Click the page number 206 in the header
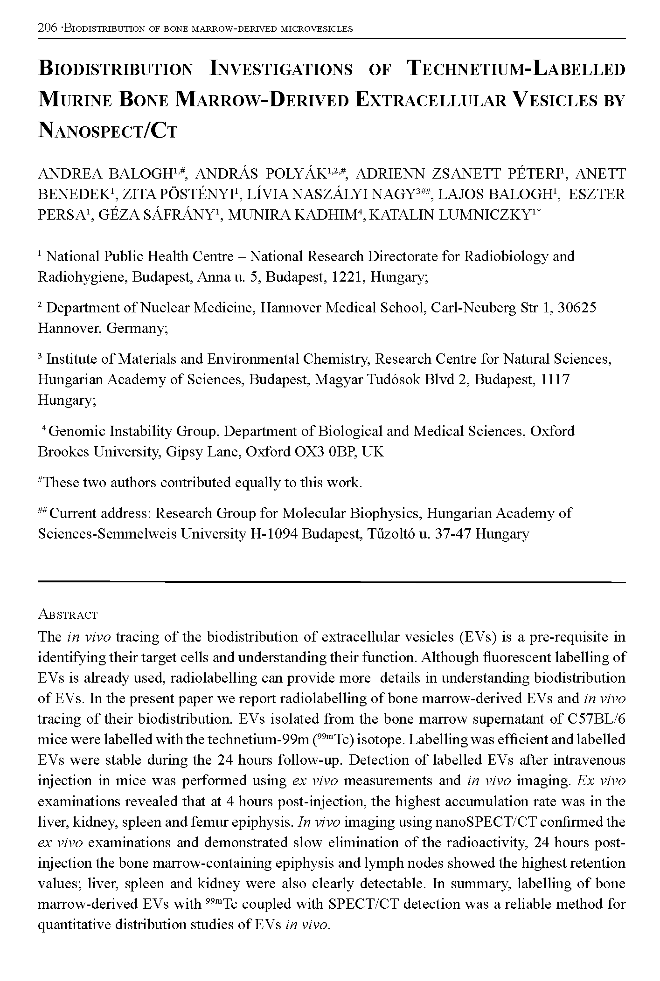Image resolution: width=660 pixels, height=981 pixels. (x=48, y=28)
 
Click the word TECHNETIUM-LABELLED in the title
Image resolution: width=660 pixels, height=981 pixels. (x=516, y=69)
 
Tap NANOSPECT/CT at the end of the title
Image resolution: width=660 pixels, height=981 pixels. (x=108, y=131)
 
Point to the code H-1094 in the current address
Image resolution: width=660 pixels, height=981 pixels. (x=274, y=533)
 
